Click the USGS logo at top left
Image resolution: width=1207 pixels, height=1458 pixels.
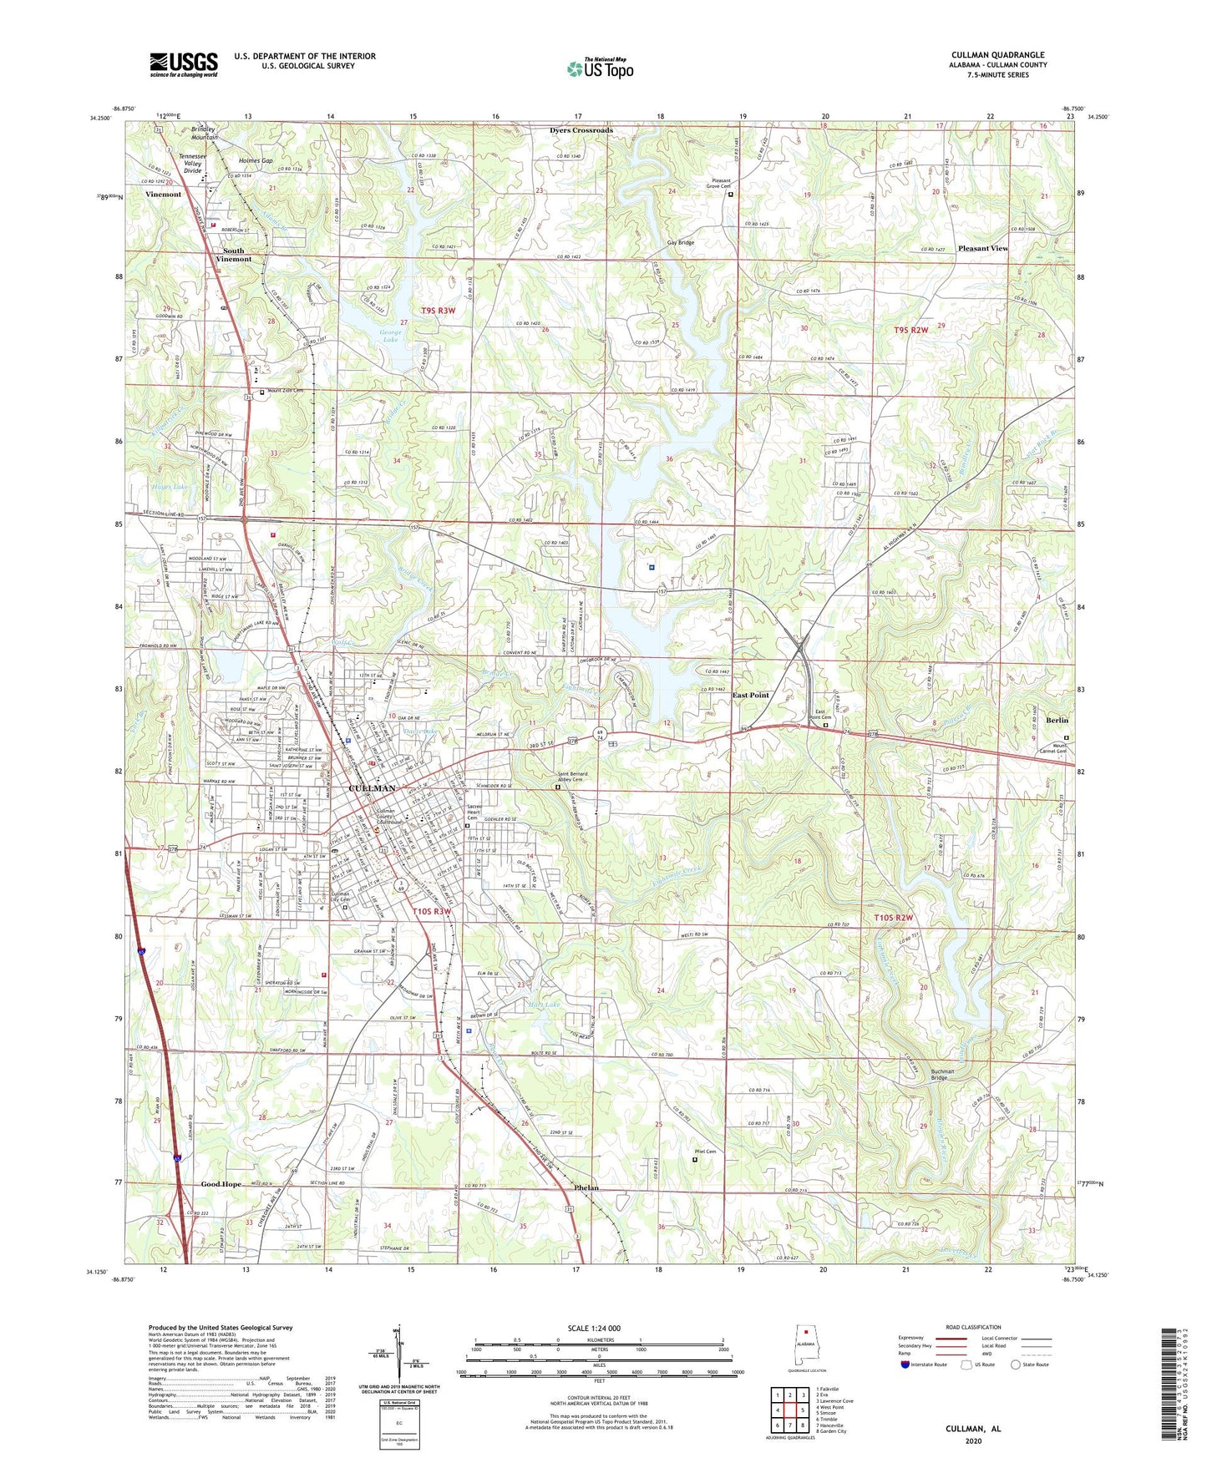[x=184, y=64]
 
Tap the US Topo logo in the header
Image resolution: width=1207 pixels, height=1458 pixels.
[x=599, y=68]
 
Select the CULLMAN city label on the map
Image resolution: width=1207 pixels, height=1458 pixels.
[x=372, y=788]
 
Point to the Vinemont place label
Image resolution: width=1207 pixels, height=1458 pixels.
[x=163, y=194]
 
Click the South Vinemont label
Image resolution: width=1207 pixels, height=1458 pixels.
[x=234, y=255]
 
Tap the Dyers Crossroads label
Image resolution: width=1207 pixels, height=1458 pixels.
[x=581, y=130]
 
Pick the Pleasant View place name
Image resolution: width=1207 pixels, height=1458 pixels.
[x=982, y=248]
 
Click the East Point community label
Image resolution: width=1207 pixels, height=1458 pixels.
[x=750, y=695]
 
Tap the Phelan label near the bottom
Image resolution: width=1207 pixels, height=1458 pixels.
[x=586, y=1187]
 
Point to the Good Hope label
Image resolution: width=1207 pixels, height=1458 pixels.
[x=221, y=1184]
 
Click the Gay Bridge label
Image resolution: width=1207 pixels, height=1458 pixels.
[x=680, y=242]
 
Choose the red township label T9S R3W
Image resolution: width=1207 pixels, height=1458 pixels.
[x=439, y=311]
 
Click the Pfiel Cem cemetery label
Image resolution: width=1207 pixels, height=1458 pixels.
[x=705, y=1152]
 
